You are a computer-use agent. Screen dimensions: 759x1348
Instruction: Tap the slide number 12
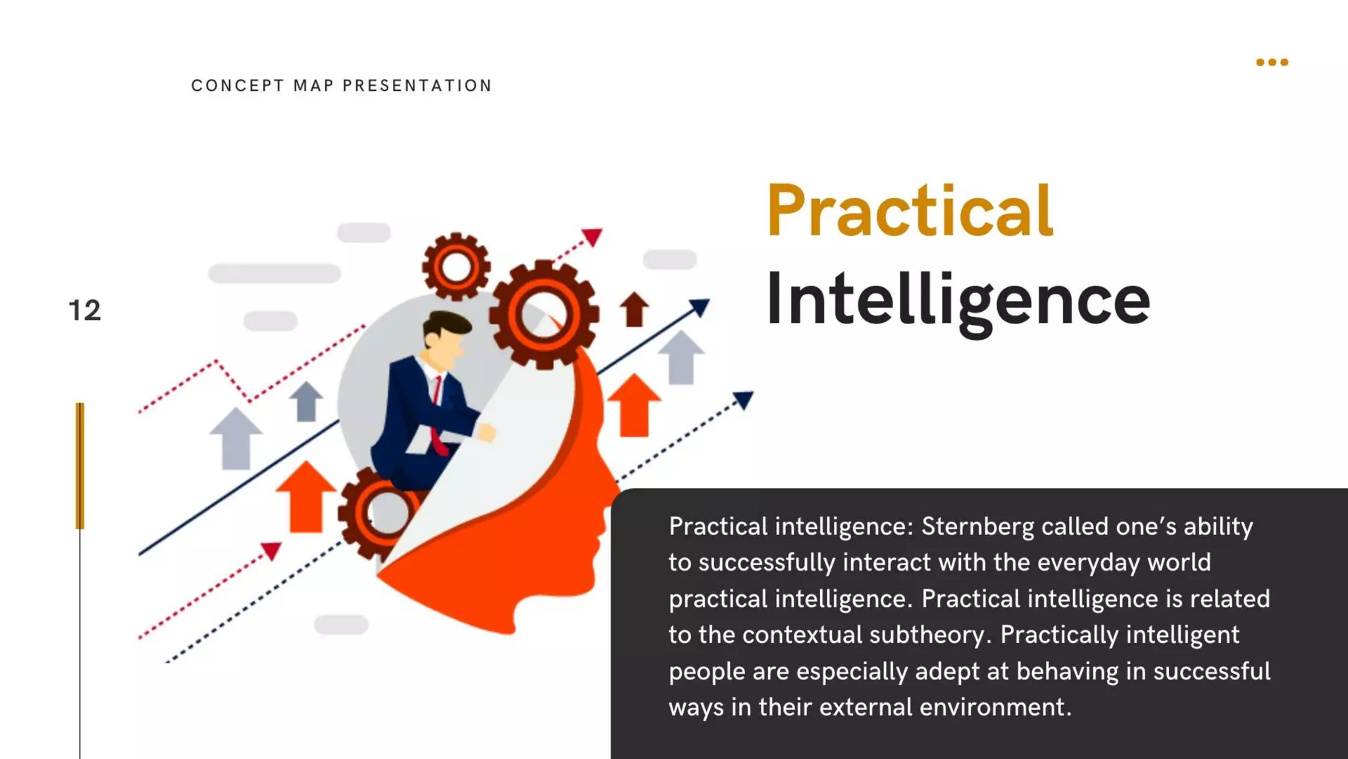[85, 310]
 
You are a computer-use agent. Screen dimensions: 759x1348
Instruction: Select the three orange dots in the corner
[1272, 63]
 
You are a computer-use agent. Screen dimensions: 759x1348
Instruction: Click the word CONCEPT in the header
[238, 86]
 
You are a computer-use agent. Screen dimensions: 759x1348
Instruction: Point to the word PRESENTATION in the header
[417, 86]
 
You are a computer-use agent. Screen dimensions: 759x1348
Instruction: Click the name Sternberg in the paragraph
[977, 526]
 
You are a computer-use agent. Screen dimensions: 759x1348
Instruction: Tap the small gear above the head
[456, 267]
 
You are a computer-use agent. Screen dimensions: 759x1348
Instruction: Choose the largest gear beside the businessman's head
[544, 314]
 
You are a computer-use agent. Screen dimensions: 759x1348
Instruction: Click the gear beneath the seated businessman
[379, 512]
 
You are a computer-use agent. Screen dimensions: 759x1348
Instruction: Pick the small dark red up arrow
[635, 309]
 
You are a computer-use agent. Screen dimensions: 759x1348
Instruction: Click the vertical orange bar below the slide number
[80, 465]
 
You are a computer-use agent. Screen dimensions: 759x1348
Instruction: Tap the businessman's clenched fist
[486, 432]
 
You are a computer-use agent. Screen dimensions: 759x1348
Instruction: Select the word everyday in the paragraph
[1095, 563]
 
